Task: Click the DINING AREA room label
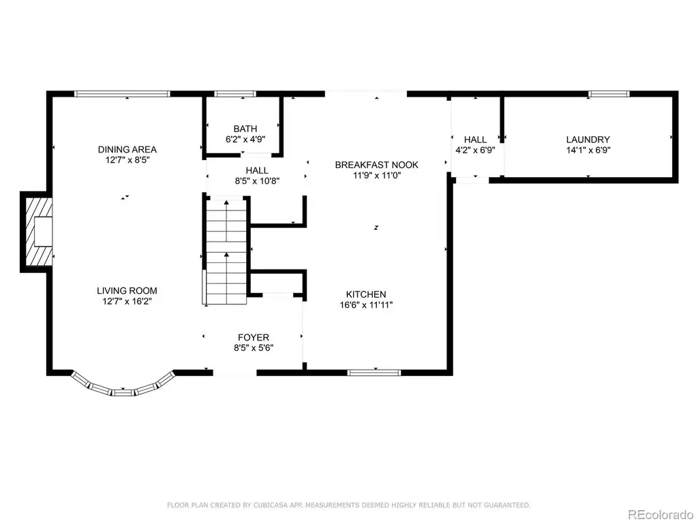(127, 149)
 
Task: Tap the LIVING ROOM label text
(127, 291)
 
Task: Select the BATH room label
(245, 129)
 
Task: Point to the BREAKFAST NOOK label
(376, 165)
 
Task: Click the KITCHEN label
(366, 294)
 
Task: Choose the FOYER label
(254, 338)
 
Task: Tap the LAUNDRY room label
(588, 140)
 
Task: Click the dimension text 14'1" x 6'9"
(588, 150)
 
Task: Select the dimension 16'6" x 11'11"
(366, 305)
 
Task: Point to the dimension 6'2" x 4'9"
(245, 139)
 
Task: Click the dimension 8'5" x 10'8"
(257, 181)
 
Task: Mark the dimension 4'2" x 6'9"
(475, 150)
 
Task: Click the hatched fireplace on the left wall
(39, 232)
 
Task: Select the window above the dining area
(122, 94)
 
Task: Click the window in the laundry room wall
(609, 94)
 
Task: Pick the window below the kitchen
(374, 373)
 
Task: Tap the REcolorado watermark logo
(661, 515)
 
